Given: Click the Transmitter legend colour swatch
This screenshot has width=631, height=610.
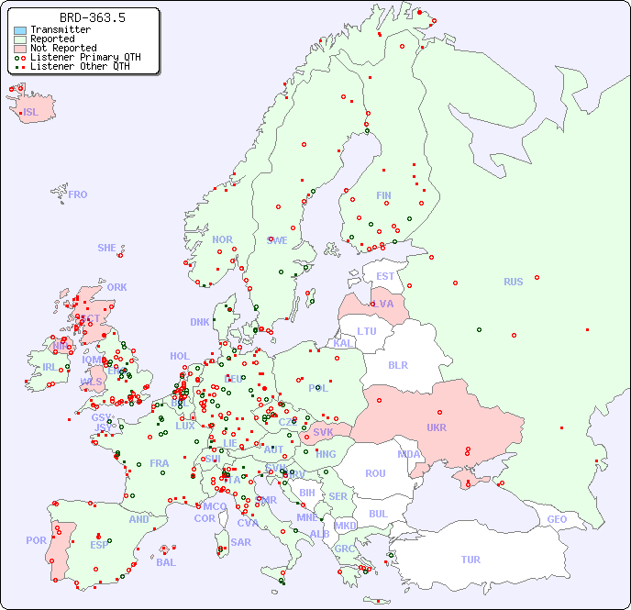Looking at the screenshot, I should coord(20,30).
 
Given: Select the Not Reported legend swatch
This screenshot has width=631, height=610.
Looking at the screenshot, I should coord(20,48).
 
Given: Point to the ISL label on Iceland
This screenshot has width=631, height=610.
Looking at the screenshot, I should coord(31,113).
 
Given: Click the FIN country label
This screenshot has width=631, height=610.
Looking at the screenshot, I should coord(383,195).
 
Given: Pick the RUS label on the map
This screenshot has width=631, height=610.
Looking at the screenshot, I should coord(513,282).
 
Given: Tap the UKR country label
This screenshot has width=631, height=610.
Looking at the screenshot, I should coord(437,428).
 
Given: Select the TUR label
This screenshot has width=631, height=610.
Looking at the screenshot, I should coord(470,560).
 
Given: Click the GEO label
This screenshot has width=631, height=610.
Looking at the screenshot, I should coord(557,519).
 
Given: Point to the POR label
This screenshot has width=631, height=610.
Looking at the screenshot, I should coord(36,541).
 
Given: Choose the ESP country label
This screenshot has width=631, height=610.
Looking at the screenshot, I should coord(99,545).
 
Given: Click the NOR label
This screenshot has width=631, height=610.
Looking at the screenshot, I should coord(222,239).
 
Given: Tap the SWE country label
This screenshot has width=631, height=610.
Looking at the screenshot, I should coord(277,240).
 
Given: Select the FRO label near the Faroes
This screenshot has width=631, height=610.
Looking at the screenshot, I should coord(77,194).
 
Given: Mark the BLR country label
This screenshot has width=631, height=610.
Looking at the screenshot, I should coord(398,364).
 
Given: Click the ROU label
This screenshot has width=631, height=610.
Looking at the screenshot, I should coord(375,473).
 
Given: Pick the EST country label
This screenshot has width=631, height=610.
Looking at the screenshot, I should coord(385,276).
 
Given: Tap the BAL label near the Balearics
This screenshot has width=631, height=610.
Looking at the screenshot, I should coord(166,562).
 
